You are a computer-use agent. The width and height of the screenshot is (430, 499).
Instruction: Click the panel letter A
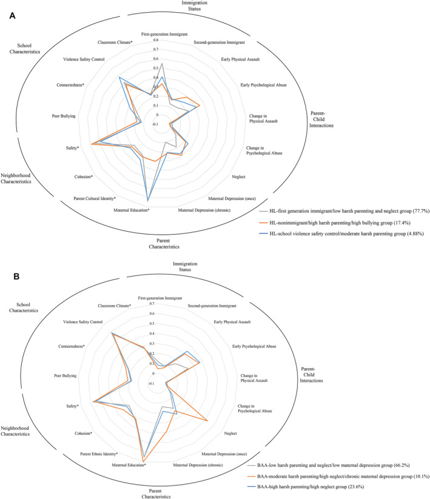click(12, 18)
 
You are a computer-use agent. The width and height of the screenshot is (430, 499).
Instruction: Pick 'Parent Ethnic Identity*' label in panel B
click(98, 454)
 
